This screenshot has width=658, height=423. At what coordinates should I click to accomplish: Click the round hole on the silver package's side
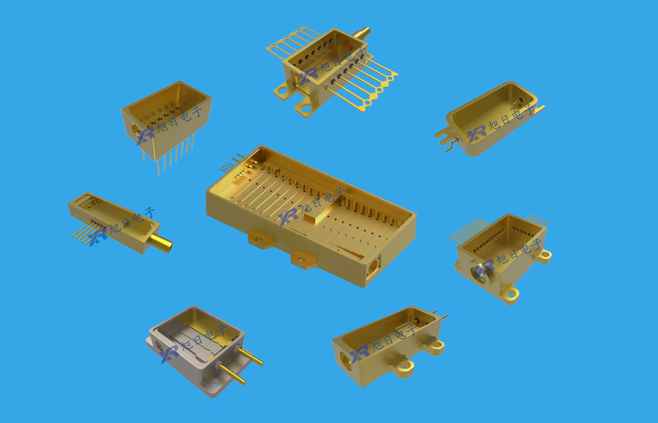point(159,346)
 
